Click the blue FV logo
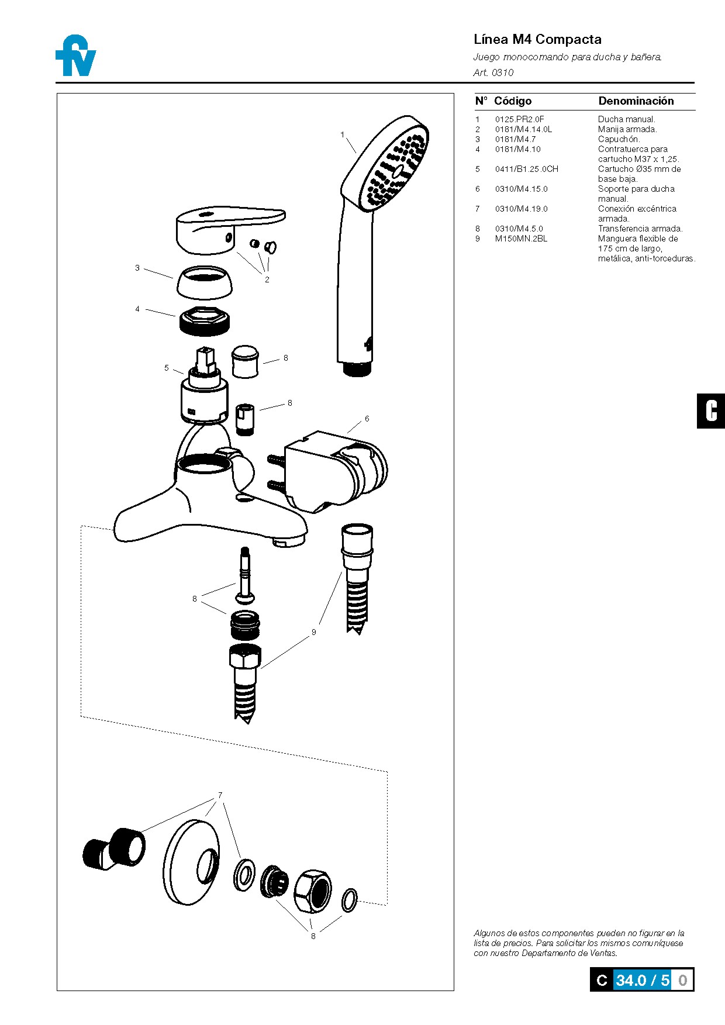point(76,56)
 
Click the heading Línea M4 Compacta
point(537,39)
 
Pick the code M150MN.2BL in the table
point(521,239)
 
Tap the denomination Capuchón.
point(619,139)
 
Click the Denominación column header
point(636,101)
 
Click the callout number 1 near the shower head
point(342,134)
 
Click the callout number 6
point(367,419)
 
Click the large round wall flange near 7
point(192,862)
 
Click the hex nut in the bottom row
point(312,891)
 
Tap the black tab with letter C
point(710,411)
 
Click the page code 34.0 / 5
point(642,980)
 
